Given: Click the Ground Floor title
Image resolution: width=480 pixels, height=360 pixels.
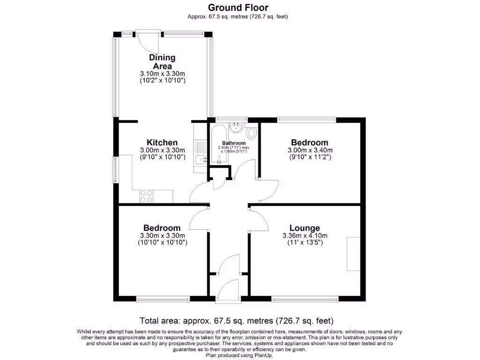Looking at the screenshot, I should click(238, 7).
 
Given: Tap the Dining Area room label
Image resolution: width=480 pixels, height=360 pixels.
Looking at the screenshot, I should click(162, 61).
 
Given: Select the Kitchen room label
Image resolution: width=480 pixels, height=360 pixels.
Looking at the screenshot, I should click(162, 142).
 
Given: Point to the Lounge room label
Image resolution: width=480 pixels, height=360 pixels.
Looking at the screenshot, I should click(304, 228).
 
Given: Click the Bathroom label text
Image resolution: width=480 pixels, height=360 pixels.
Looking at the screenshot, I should click(233, 143).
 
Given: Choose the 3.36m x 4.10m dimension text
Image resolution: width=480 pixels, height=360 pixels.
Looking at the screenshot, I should click(304, 236).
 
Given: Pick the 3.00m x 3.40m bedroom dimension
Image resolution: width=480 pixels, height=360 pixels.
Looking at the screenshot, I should click(309, 150).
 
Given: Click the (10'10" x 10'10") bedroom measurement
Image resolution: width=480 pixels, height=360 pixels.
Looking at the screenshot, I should click(162, 243).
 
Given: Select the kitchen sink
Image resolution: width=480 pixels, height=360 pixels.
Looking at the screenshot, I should click(200, 160).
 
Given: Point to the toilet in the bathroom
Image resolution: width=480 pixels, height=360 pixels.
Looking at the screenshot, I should click(252, 133).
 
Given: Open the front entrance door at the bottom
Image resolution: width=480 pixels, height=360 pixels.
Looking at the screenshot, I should click(229, 287).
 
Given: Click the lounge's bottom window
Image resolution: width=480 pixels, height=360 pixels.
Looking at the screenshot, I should click(305, 298).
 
